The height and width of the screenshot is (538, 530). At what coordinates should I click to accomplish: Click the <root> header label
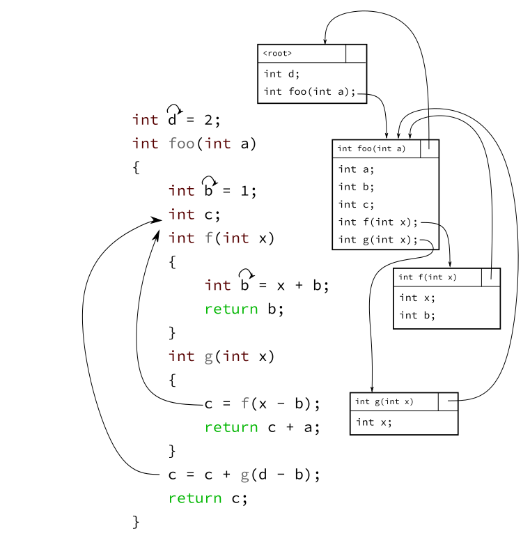[277, 54]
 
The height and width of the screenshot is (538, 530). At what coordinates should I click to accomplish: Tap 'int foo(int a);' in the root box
[309, 91]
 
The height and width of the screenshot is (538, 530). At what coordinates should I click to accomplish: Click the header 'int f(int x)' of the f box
[427, 277]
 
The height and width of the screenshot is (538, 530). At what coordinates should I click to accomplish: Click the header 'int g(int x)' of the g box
[384, 401]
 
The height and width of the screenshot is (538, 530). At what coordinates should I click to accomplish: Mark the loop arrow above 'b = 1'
[209, 180]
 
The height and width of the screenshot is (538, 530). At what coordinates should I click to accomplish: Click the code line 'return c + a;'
[262, 427]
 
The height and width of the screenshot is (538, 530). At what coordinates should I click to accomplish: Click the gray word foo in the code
[182, 144]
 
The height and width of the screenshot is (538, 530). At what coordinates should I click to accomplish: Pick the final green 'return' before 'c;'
[194, 498]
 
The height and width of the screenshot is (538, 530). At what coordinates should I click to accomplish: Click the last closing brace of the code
[136, 521]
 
